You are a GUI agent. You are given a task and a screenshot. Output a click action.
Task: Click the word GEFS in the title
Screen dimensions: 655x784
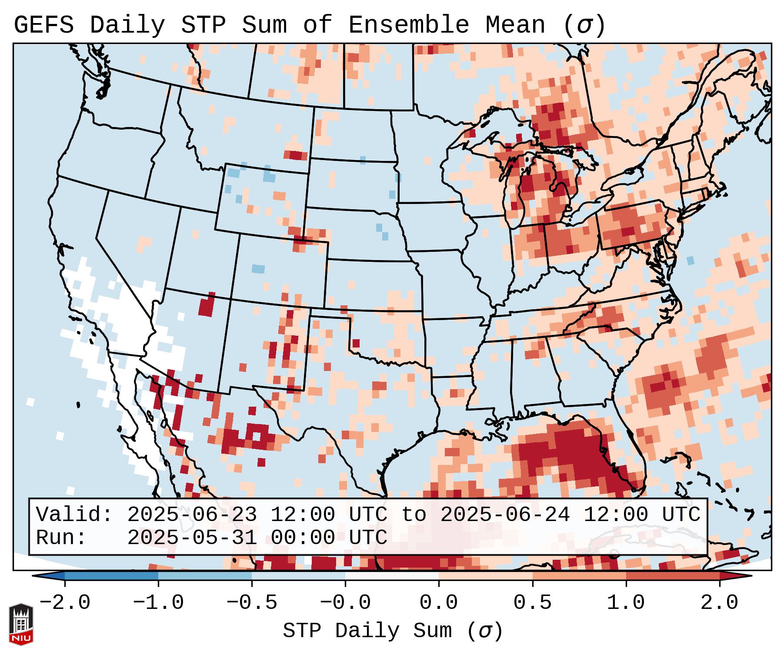[x=44, y=25]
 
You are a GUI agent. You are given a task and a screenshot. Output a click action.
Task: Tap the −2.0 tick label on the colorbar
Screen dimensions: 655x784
[x=65, y=603]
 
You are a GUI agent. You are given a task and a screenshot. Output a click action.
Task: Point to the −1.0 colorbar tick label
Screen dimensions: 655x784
[x=158, y=603]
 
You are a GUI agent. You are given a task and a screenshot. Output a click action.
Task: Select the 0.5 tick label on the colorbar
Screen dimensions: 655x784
[x=532, y=603]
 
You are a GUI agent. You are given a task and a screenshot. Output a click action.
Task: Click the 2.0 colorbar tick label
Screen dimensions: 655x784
[x=719, y=603]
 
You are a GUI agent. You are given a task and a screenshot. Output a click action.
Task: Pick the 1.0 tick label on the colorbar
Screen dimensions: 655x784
[x=626, y=603]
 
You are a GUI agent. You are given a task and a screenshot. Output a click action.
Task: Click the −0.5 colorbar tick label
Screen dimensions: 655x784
[x=252, y=603]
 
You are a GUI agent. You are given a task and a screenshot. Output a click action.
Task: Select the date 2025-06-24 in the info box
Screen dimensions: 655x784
[x=505, y=515]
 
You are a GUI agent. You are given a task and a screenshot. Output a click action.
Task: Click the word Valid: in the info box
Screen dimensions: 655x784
[x=74, y=515]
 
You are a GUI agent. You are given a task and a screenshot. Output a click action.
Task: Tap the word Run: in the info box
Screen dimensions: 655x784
[x=61, y=538]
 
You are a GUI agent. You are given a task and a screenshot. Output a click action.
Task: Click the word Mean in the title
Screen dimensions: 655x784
[x=515, y=25]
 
